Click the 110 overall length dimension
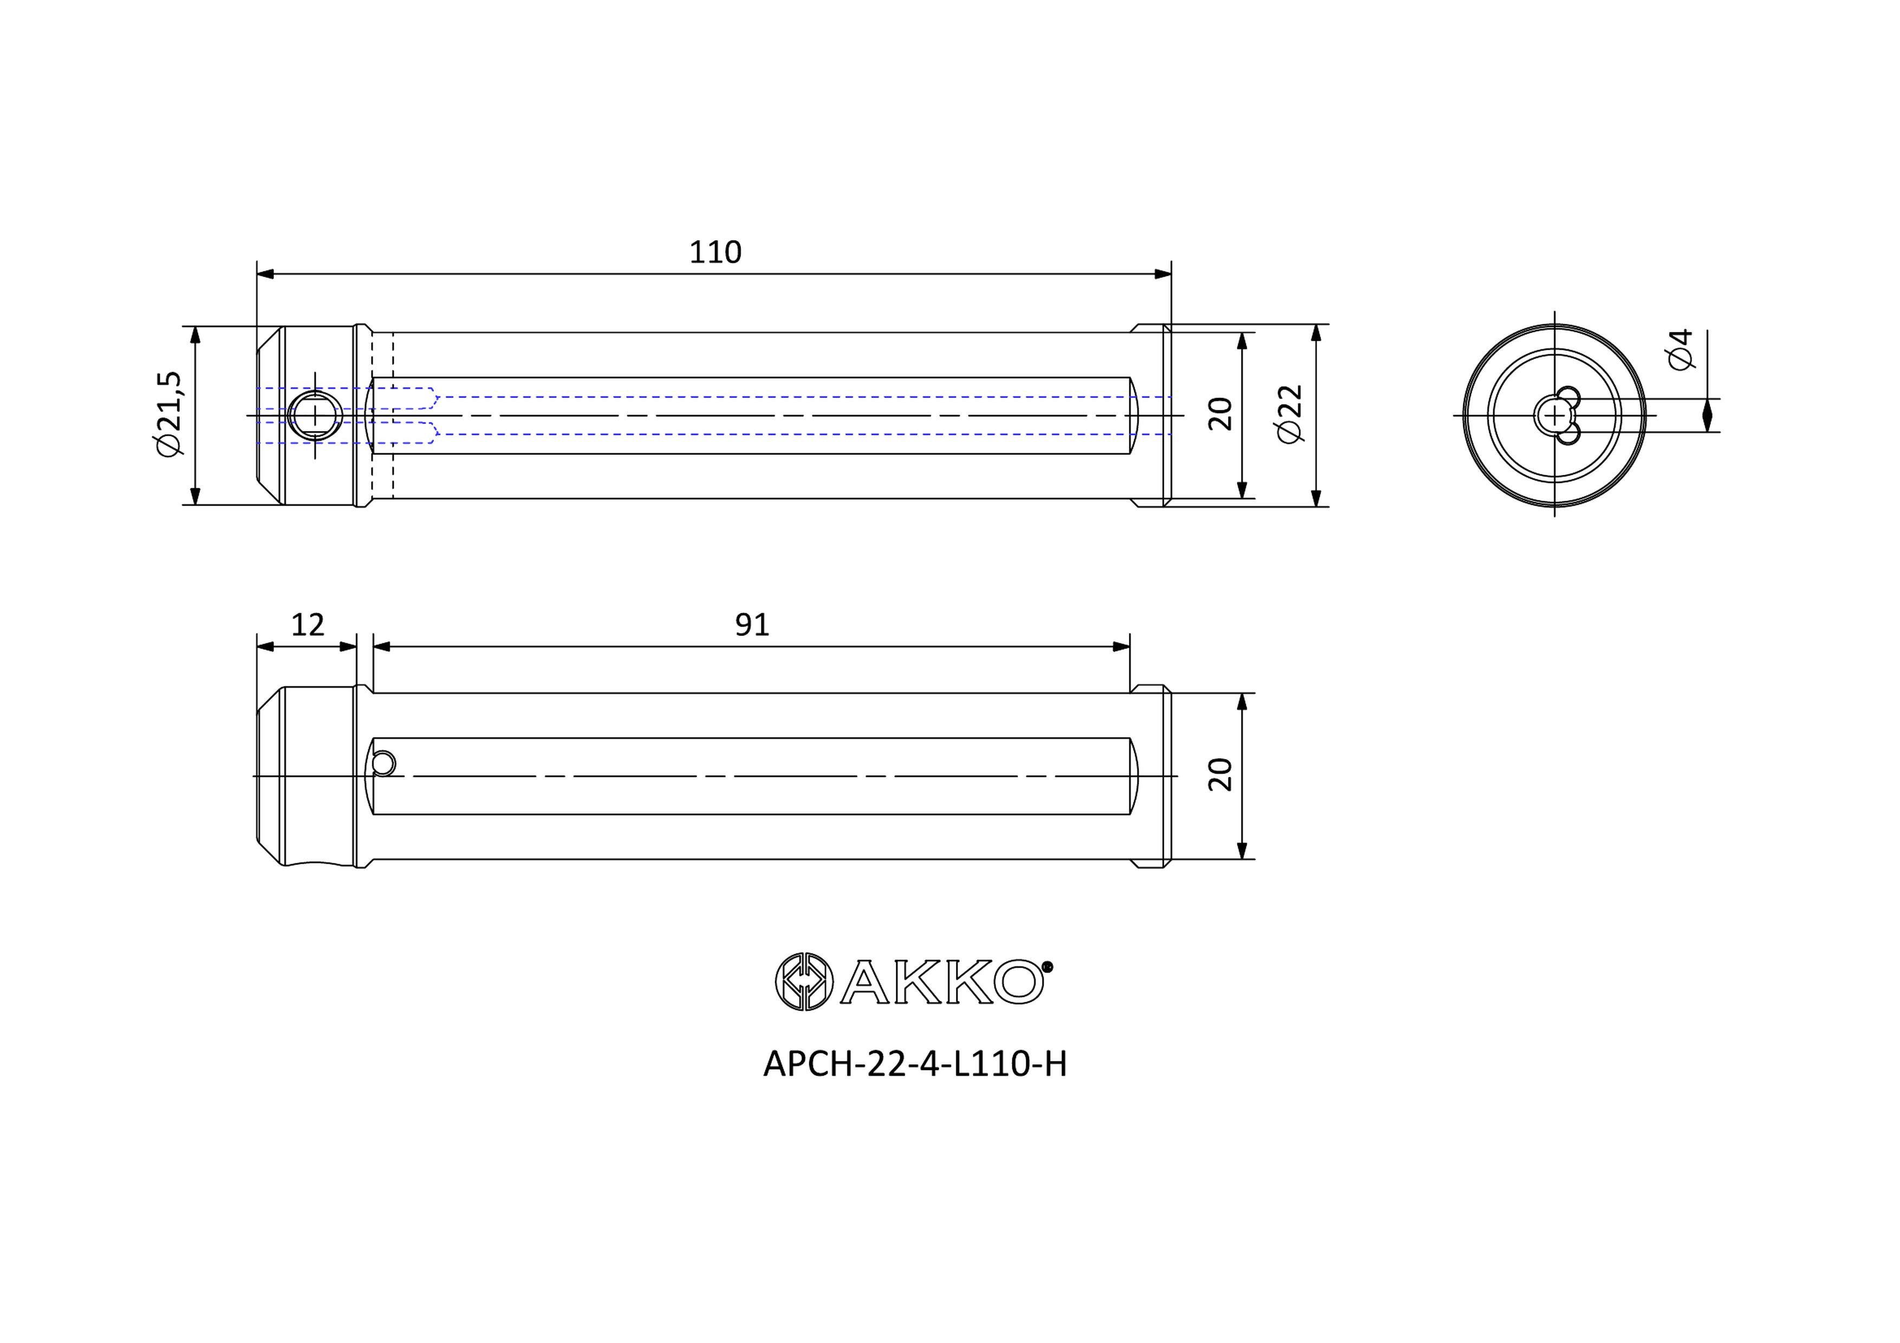pos(715,252)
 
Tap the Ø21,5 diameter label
pos(168,413)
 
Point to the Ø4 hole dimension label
pos(1681,349)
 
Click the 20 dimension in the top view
pos(1221,414)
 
